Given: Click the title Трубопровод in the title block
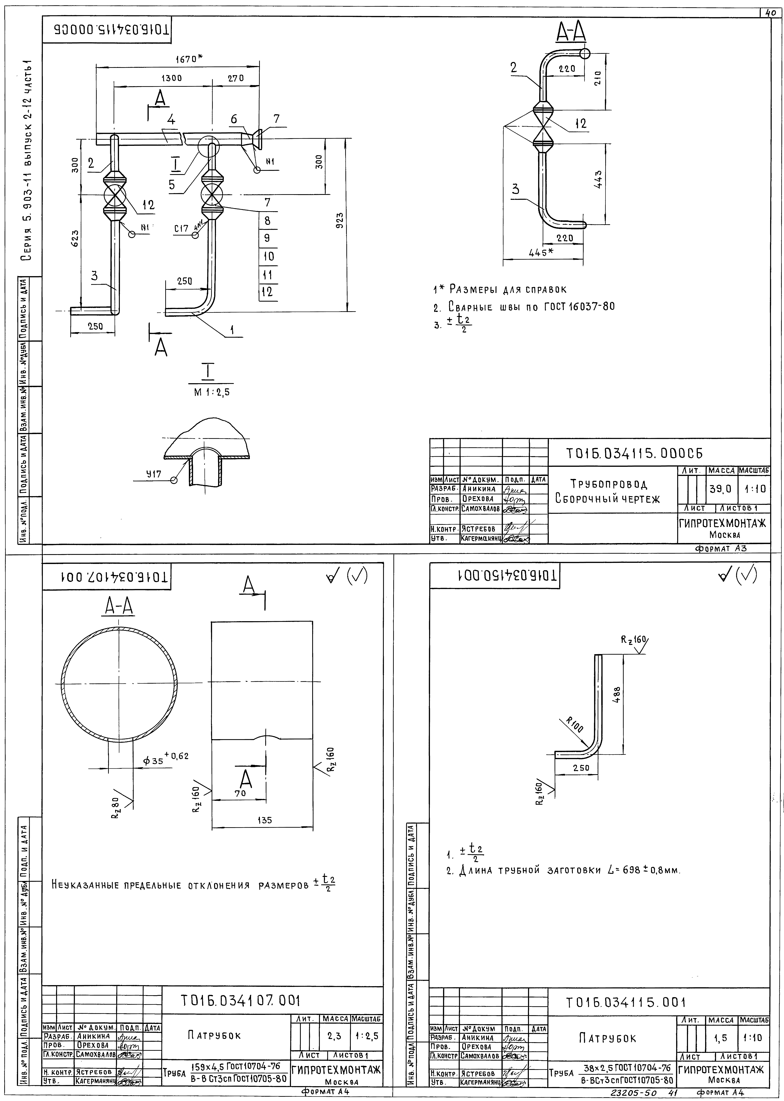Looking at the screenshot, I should click(x=609, y=483).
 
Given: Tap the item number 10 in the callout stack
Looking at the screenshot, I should click(x=268, y=256).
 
